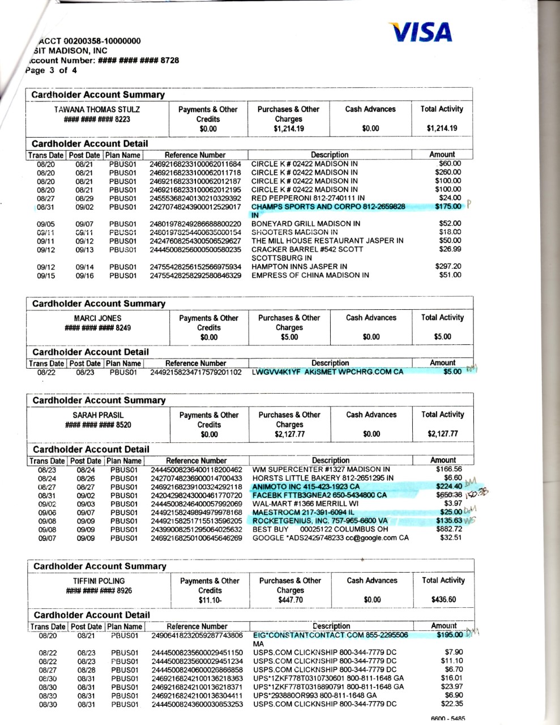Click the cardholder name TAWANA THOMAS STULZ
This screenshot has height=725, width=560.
(x=97, y=109)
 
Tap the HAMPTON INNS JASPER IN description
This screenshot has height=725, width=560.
(x=300, y=266)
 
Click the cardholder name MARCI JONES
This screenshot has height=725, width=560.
(x=98, y=318)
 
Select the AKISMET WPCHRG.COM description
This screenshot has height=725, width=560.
(x=328, y=372)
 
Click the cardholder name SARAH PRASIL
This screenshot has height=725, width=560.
(x=98, y=415)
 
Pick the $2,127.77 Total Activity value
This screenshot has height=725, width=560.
(x=443, y=434)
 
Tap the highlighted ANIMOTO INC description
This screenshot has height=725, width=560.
(x=306, y=487)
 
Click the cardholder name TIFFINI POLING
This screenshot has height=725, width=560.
(x=99, y=581)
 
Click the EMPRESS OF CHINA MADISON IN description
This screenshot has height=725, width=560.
(x=310, y=275)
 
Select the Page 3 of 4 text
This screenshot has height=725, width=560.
(x=51, y=70)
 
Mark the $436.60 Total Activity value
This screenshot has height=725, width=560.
(x=444, y=600)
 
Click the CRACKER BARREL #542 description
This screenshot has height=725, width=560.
(x=307, y=249)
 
